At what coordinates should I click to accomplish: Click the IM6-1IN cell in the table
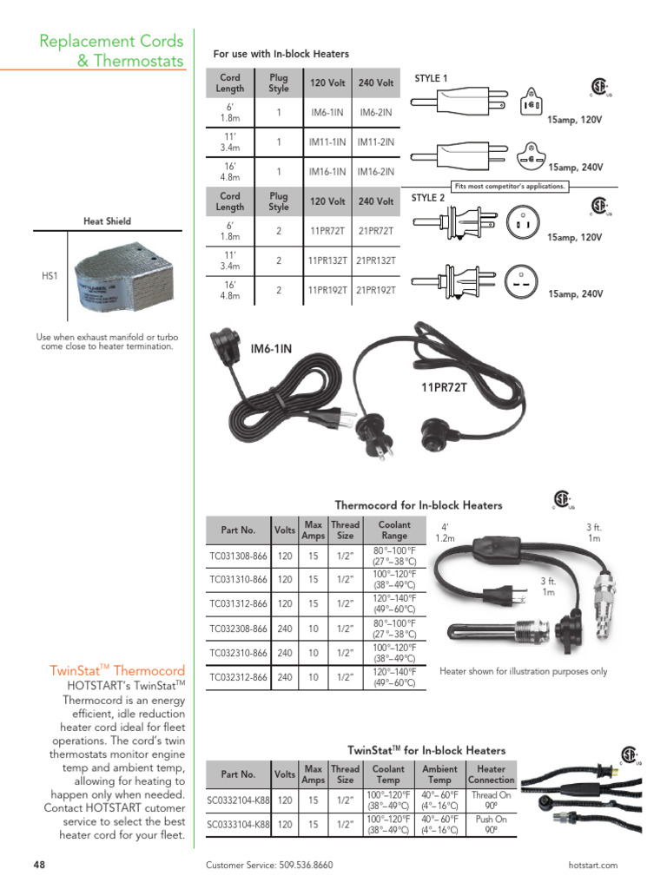(x=327, y=112)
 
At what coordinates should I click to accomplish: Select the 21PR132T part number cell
(x=376, y=260)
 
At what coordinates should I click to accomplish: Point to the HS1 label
(x=50, y=275)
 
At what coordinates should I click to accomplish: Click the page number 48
(x=39, y=865)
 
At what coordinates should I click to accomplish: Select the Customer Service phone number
(x=269, y=865)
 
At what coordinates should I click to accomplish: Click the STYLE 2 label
(x=428, y=199)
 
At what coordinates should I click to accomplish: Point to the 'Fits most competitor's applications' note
(x=510, y=186)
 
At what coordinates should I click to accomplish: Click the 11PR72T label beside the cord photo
(x=444, y=387)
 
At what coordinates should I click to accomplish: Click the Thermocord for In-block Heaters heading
(x=418, y=504)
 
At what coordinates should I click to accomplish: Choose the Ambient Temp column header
(x=439, y=774)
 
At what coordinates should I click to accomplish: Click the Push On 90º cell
(x=491, y=824)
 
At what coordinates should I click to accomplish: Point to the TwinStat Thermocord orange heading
(x=118, y=670)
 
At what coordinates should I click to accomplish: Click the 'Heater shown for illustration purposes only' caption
(x=523, y=671)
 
